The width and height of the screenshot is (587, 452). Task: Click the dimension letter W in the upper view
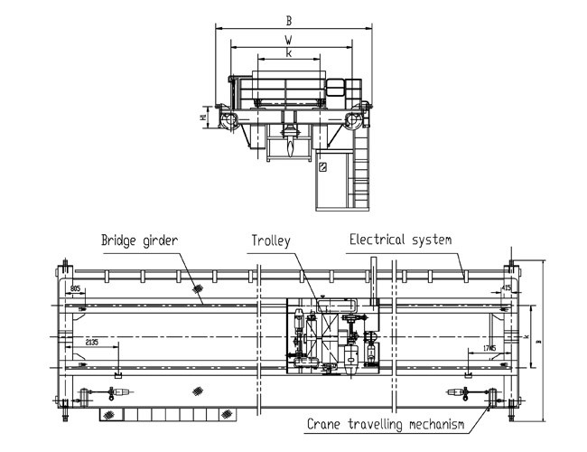[287, 40]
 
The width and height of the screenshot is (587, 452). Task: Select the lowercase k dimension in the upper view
[287, 53]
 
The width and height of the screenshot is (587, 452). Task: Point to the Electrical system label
[400, 240]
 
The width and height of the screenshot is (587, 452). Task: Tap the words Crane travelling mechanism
[386, 423]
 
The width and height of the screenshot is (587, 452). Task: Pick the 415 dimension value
[506, 287]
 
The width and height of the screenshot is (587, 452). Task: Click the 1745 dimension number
[489, 348]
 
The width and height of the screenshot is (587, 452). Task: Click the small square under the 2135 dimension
[117, 374]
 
